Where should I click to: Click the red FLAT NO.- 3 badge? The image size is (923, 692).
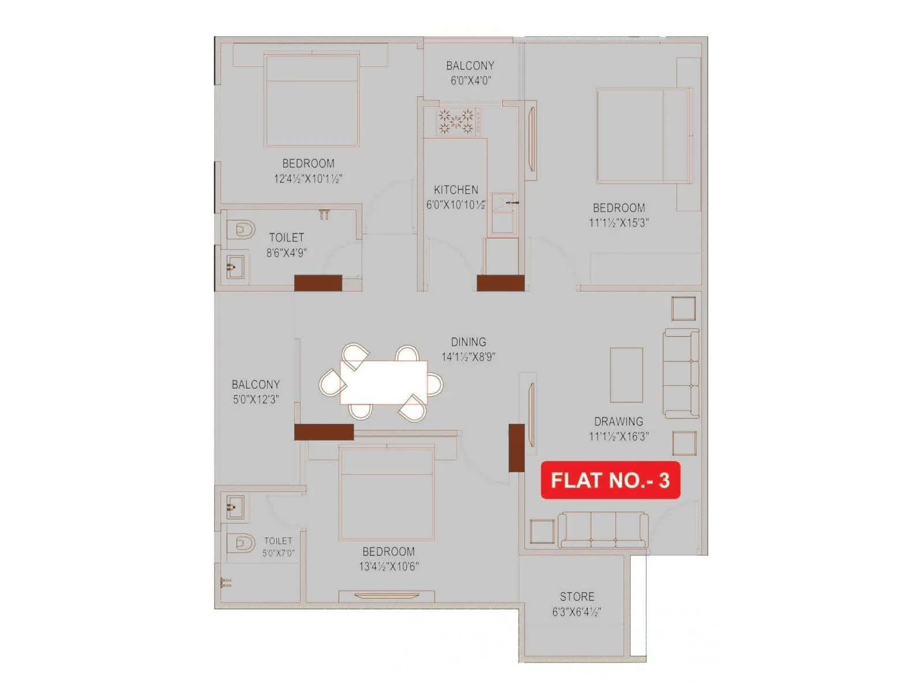[610, 480]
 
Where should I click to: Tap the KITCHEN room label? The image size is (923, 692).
[456, 190]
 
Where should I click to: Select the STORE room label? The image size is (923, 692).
[577, 597]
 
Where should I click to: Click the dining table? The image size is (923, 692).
[384, 382]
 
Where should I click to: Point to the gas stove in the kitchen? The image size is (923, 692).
[456, 122]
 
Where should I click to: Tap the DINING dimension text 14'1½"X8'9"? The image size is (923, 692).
[468, 357]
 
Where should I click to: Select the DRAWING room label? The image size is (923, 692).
[618, 422]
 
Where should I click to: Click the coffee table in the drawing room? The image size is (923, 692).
[626, 375]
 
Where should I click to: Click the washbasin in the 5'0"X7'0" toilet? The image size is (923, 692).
[235, 507]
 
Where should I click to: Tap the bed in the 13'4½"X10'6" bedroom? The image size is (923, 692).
[387, 494]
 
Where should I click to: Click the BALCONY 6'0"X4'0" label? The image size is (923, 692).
[470, 66]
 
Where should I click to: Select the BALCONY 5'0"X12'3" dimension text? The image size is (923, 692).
[256, 400]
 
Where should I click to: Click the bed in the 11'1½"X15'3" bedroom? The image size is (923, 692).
[643, 136]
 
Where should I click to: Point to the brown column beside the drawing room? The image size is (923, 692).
[516, 448]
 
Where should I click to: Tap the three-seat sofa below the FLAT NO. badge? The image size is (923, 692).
[603, 530]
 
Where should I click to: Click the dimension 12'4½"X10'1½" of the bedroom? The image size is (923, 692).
[308, 179]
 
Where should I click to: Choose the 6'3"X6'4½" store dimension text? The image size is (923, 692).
[577, 612]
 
